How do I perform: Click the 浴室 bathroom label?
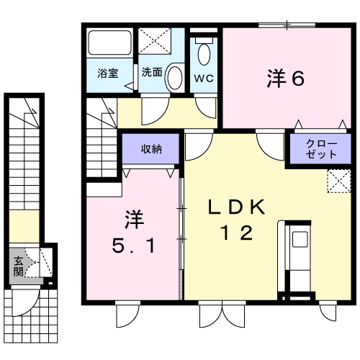[x=108, y=73]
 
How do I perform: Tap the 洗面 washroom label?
[x=152, y=72]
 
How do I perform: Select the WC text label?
[x=204, y=78]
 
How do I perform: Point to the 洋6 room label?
[x=286, y=78]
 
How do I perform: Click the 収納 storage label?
[x=151, y=149]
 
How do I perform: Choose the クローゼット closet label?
[x=321, y=149]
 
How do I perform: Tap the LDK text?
[x=237, y=207]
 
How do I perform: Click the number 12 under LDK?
[x=237, y=233]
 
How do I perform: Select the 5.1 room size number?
[x=133, y=246]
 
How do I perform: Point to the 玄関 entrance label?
[x=18, y=266]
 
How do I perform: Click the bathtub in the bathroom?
[x=110, y=42]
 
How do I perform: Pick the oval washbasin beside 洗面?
[x=175, y=78]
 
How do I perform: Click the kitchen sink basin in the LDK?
[x=300, y=239]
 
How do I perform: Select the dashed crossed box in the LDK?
[x=339, y=181]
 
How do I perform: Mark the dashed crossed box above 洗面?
[x=155, y=41]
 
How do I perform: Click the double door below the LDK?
[x=222, y=314]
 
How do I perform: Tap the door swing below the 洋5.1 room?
[x=128, y=314]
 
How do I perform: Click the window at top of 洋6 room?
[x=287, y=24]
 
